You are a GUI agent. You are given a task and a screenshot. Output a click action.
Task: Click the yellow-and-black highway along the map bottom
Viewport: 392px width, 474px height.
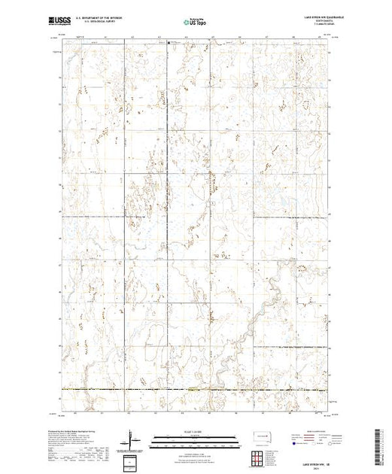click(x=196, y=389)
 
